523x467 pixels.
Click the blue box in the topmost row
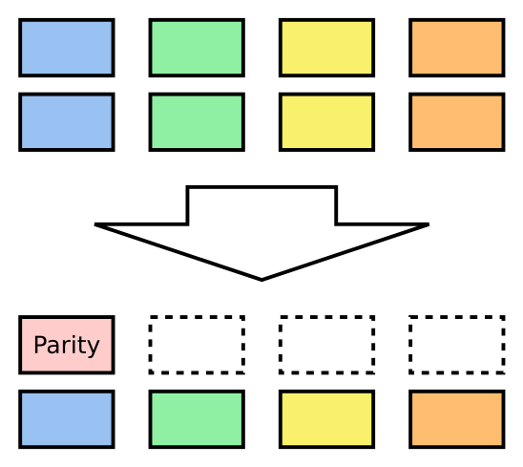(67, 48)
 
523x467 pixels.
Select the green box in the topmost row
(197, 48)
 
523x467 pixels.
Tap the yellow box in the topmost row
(326, 48)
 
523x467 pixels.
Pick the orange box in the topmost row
(456, 48)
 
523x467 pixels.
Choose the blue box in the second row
(67, 122)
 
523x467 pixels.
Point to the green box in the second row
(197, 122)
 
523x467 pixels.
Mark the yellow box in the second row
(326, 122)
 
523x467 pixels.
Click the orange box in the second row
(456, 122)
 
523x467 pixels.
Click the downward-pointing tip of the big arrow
(261, 278)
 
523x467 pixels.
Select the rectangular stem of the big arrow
(261, 205)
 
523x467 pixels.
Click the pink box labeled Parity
(67, 345)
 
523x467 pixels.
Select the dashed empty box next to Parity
(197, 345)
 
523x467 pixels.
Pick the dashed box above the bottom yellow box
(326, 345)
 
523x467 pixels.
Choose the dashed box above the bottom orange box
(456, 345)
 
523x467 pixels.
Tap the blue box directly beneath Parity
(67, 419)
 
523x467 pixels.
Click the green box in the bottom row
(197, 419)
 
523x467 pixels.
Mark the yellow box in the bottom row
(326, 419)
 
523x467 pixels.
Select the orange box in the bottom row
(456, 419)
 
